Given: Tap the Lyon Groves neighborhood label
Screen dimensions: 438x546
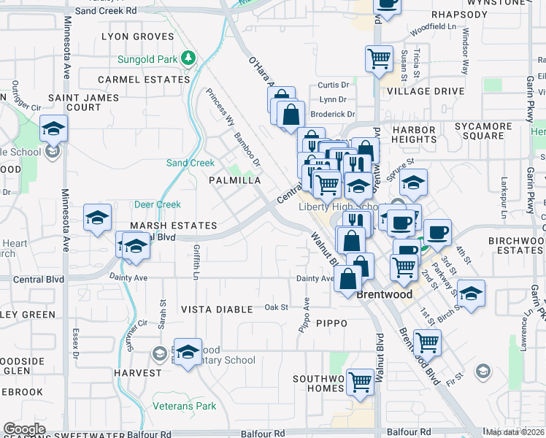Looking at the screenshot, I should (x=138, y=36).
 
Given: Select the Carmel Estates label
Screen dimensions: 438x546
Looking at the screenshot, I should (x=144, y=79).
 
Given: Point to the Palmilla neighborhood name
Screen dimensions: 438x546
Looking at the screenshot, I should (x=234, y=180).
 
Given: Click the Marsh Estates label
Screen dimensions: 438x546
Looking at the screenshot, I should (x=174, y=226).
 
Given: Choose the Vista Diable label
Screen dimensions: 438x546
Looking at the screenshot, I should (x=216, y=310).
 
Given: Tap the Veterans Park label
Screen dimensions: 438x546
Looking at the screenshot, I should (x=185, y=406).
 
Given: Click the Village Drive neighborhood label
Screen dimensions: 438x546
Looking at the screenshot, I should (x=426, y=91).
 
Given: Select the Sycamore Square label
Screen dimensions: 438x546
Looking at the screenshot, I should (x=483, y=131).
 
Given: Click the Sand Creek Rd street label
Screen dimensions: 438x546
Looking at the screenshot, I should (x=106, y=11).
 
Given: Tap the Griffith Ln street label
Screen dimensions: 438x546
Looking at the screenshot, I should (x=196, y=261).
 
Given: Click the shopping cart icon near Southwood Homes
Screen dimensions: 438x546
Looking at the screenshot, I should (x=360, y=381).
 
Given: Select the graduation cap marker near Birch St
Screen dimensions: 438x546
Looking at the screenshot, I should (x=472, y=293).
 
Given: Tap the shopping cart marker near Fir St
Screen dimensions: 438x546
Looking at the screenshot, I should (x=427, y=341).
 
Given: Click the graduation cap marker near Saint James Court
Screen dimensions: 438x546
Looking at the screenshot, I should (x=53, y=128).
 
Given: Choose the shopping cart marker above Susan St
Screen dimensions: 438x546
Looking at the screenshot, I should (x=379, y=58).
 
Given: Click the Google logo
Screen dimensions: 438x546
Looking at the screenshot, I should (x=24, y=429).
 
